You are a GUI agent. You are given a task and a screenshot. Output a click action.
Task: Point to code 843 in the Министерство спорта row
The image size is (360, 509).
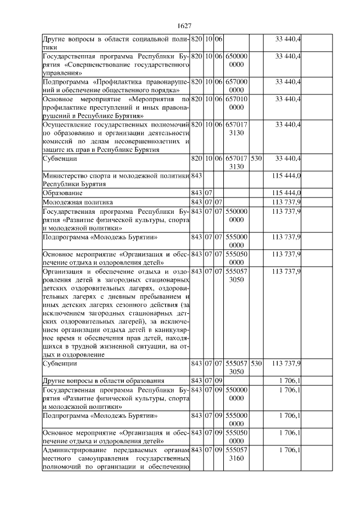pyautogui.click(x=196, y=177)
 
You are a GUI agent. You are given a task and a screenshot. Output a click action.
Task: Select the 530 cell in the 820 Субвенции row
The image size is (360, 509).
pyautogui.click(x=256, y=159)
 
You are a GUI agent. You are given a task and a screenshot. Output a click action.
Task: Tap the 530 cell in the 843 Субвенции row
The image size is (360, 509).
pyautogui.click(x=256, y=364)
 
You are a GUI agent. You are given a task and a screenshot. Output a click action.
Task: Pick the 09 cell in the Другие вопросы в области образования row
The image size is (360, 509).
pyautogui.click(x=218, y=381)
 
